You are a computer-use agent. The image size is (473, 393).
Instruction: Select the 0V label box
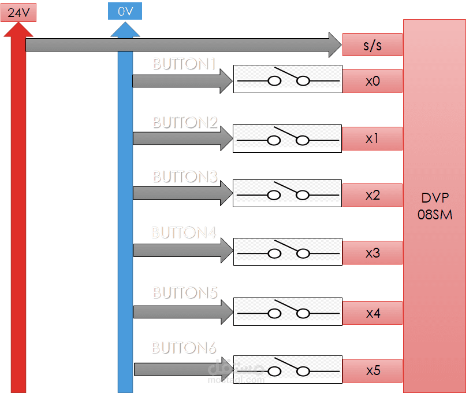(x=125, y=11)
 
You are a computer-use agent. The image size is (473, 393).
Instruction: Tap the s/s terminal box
(x=372, y=45)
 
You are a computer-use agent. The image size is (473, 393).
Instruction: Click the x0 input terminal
(x=372, y=80)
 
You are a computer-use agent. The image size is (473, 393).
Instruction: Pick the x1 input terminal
(x=372, y=138)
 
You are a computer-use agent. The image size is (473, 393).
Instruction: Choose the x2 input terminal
(x=372, y=195)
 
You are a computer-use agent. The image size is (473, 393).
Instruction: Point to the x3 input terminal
(x=372, y=253)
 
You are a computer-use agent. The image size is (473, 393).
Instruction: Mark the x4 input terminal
(x=372, y=313)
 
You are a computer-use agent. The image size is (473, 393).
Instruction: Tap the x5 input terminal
(x=372, y=370)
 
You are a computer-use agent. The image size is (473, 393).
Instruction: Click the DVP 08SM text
(x=434, y=206)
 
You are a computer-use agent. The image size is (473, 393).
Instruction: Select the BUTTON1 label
(x=184, y=64)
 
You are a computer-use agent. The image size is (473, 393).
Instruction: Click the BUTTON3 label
(x=184, y=177)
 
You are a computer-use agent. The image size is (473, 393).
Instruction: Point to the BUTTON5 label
(x=184, y=292)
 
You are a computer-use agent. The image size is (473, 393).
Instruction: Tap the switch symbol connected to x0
(x=288, y=79)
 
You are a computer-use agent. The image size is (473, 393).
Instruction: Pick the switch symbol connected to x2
(x=288, y=193)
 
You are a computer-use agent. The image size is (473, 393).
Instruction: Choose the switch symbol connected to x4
(x=288, y=311)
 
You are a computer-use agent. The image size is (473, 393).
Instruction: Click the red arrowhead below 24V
(x=18, y=29)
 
